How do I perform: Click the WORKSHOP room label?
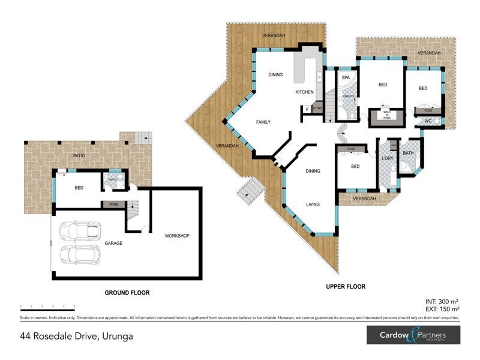coord(177,236)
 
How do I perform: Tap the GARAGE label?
coord(113,243)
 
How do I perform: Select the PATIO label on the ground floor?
coord(79,155)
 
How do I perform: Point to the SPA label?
coord(346,78)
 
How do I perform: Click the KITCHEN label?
coord(304,92)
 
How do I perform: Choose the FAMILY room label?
coord(263,122)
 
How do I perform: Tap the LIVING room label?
coord(313,205)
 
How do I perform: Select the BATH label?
coord(409,153)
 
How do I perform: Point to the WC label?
coord(428,121)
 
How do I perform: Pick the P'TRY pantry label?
coord(317,109)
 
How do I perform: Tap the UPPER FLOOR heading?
coord(346,287)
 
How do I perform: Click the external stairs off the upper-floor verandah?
coord(250,191)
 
